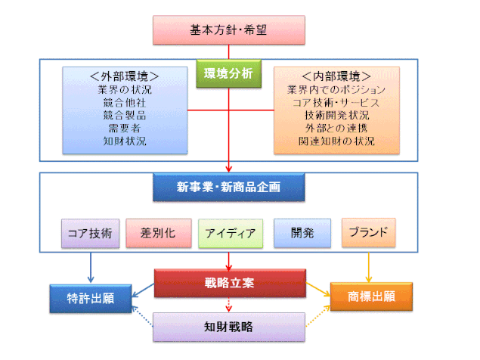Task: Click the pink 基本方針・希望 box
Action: tap(229, 30)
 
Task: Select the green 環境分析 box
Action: tap(229, 73)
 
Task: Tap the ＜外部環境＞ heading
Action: tap(125, 76)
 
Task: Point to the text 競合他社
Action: tap(125, 102)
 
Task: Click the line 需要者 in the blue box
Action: tap(125, 128)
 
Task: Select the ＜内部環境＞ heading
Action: tap(336, 76)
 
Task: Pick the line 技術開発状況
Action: tap(336, 115)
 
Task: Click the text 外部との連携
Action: tap(336, 128)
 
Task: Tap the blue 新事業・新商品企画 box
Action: tap(229, 188)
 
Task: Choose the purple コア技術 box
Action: tap(90, 234)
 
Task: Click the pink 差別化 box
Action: tap(159, 233)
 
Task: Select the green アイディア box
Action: tap(231, 234)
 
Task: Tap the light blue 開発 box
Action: tap(302, 233)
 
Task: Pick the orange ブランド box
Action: tap(369, 232)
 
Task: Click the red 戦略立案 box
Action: tap(230, 283)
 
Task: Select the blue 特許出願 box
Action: tap(91, 299)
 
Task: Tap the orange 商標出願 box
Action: tap(371, 296)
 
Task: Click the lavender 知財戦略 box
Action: tap(229, 327)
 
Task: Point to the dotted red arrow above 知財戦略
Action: tap(229, 305)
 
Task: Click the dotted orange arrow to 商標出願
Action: tap(318, 316)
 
